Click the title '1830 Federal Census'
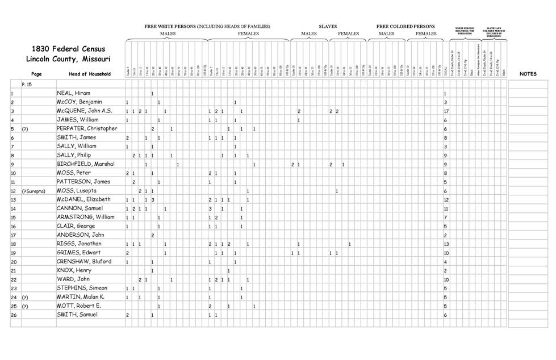coord(68,49)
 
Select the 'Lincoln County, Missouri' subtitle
coord(68,59)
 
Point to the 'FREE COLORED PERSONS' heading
coord(405,27)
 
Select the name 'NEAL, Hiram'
coord(73,93)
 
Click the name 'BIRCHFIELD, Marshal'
coord(86,164)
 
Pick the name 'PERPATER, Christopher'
coord(87,128)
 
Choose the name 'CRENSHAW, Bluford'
coord(84,262)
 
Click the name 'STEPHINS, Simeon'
coord(83,288)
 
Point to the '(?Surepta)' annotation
coord(34,191)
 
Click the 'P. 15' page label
coord(27,83)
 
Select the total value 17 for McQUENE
coord(446,111)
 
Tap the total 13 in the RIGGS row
coord(446,244)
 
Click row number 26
coord(13,315)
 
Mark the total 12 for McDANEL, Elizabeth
coord(446,200)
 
